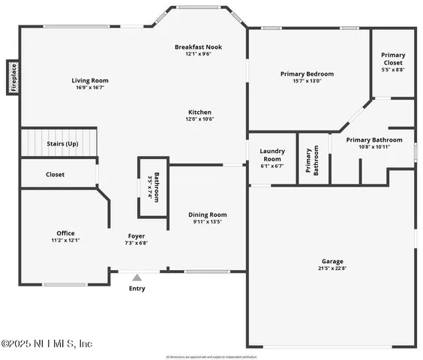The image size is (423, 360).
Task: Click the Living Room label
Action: tap(90, 80)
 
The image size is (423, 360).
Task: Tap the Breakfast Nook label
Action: tap(198, 46)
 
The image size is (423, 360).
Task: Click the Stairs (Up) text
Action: tap(62, 143)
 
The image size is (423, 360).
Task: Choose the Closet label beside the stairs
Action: tap(55, 174)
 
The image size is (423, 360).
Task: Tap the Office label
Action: tap(65, 232)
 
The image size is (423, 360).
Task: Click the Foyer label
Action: tap(136, 235)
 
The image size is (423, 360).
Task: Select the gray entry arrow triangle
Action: tap(136, 277)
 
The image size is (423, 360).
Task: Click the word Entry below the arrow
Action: tap(137, 289)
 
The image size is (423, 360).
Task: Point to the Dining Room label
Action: tap(207, 214)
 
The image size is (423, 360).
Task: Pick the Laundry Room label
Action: tap(271, 154)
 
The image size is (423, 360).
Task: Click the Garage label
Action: tap(331, 260)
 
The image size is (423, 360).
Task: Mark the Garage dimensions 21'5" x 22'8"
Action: tap(331, 268)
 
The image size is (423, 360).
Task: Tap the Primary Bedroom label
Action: tap(307, 73)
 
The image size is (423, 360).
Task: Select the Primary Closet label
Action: tap(393, 58)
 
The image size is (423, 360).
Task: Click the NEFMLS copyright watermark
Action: tap(46, 343)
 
